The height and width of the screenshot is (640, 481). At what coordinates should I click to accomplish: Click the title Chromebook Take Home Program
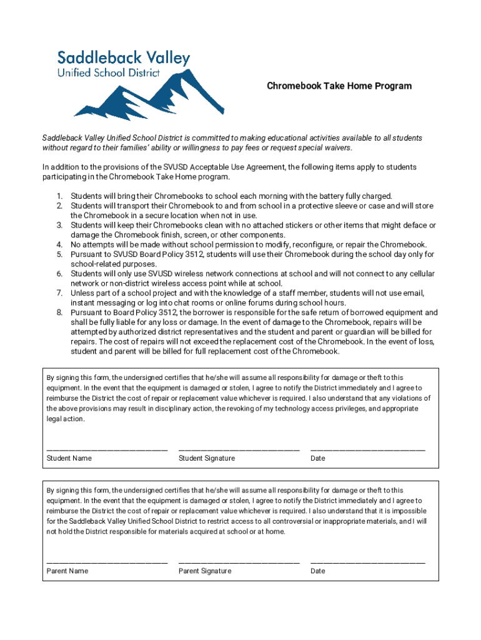339,86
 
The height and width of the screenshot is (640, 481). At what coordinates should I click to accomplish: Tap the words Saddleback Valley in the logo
124,58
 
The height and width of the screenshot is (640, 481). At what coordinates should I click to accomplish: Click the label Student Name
69,459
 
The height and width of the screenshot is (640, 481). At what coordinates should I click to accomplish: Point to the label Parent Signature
205,571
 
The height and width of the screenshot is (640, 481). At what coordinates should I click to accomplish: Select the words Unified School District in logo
109,73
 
